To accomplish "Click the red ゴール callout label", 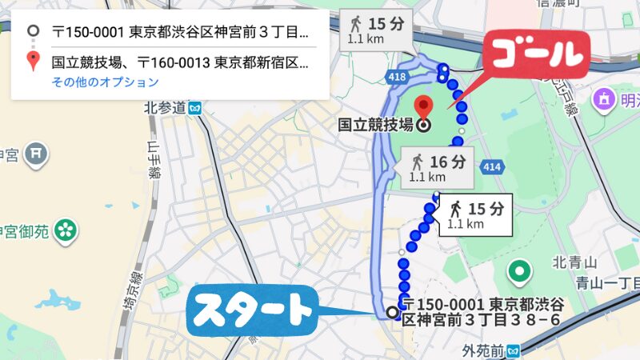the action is (x=534, y=54).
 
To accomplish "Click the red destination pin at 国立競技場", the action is (x=424, y=106).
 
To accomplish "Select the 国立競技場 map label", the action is (x=375, y=125).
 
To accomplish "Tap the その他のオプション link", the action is (x=105, y=82).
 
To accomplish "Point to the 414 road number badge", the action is (x=492, y=166).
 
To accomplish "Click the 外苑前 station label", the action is (x=484, y=350).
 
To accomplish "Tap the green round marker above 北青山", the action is (x=522, y=274).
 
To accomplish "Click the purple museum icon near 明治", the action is (x=604, y=99).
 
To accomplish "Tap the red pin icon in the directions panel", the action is (x=32, y=61).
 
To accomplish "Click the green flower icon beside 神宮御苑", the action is (x=66, y=232).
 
